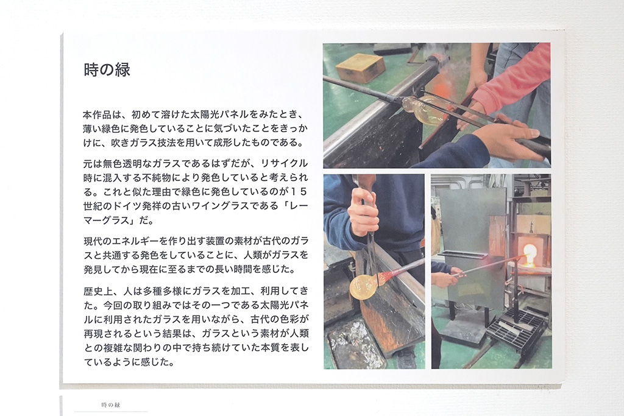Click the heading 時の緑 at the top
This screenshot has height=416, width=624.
pos(107,70)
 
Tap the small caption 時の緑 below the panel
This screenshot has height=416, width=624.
pos(111,405)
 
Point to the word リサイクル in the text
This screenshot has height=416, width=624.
pos(284,163)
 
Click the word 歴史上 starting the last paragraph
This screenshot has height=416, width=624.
pos(98,291)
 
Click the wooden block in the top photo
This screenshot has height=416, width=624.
pos(360,67)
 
